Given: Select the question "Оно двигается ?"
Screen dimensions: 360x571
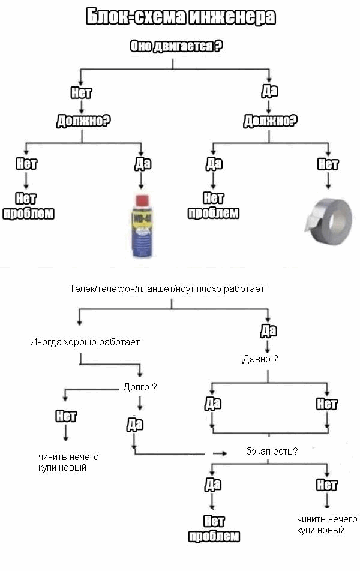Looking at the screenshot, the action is coord(176,46).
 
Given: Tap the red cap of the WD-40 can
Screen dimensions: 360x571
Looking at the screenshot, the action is coord(142,200).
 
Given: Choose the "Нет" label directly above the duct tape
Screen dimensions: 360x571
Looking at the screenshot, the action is coord(328,164).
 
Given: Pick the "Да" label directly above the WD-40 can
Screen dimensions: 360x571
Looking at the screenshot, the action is coord(142,164).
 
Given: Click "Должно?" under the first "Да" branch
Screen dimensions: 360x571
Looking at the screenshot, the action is coord(270,120).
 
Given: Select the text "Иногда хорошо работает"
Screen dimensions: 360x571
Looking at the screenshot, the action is coord(85,342).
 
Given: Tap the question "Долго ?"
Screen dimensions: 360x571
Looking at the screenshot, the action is coord(140,387).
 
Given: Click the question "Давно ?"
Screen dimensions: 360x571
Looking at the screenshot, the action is coord(260,359).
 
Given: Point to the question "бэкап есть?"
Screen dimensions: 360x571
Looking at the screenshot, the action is coord(272,451).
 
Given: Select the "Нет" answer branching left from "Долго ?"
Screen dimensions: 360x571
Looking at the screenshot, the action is coord(66,416).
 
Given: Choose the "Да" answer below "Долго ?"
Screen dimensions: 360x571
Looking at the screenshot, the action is coord(135,424).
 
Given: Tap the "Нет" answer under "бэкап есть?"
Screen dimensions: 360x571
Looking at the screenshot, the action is coord(326,485).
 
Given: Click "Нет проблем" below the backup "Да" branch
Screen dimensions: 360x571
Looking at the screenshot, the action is coord(214,528).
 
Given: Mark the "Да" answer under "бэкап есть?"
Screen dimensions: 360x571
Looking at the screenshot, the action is coord(213,485).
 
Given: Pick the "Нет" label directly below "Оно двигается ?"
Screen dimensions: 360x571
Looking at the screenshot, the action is coord(81,92).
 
